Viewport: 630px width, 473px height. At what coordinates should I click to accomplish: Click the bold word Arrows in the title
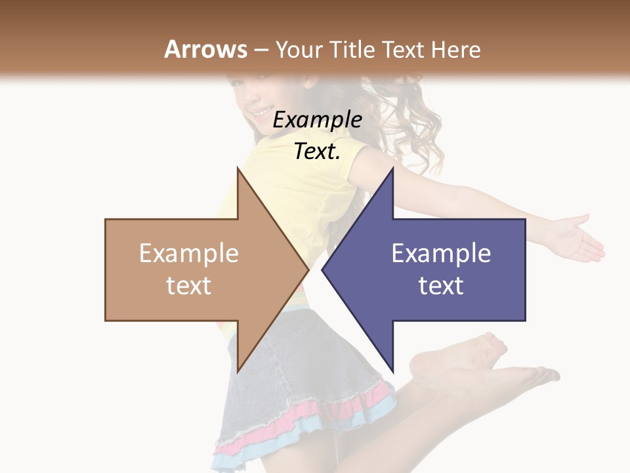[x=206, y=49]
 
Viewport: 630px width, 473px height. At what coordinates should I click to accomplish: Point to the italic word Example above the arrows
[x=318, y=120]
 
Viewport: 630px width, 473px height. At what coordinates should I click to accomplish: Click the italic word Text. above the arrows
[x=318, y=152]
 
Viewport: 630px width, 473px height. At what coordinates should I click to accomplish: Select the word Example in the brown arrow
[x=189, y=254]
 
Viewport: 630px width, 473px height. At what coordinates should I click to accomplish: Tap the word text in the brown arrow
[x=189, y=286]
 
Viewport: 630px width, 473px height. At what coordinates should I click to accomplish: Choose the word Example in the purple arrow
[x=441, y=254]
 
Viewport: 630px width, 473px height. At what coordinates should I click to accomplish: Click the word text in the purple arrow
[x=441, y=286]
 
